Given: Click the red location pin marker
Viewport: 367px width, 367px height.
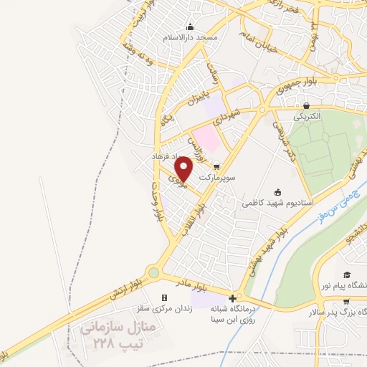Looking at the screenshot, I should coord(184,168).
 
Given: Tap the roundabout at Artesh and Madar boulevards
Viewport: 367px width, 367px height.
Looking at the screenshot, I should coord(153,272).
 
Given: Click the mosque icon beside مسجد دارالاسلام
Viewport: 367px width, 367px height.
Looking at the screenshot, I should coord(191,27).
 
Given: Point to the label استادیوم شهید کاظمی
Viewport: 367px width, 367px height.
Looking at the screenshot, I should coord(276,203).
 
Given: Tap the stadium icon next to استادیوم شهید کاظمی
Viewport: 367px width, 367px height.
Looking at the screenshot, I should coord(279,191).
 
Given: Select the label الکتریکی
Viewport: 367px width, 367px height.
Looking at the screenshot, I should coord(307,115).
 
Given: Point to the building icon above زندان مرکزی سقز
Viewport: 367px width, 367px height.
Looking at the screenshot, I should coord(164,298).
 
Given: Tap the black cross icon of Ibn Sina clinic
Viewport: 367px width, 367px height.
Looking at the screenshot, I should coord(232,298).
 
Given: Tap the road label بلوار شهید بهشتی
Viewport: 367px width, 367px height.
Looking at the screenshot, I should coord(261,252).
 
